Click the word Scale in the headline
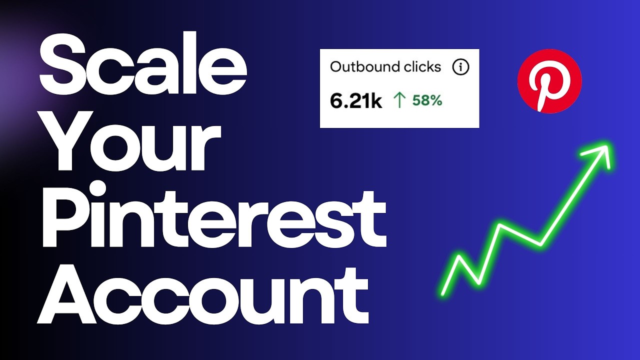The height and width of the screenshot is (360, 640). pyautogui.click(x=142, y=70)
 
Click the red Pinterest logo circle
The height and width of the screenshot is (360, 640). pyautogui.click(x=549, y=81)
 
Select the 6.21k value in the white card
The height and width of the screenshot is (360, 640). pyautogui.click(x=356, y=101)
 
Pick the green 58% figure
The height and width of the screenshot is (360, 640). pyautogui.click(x=427, y=100)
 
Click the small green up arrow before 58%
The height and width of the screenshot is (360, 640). pyautogui.click(x=399, y=101)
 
